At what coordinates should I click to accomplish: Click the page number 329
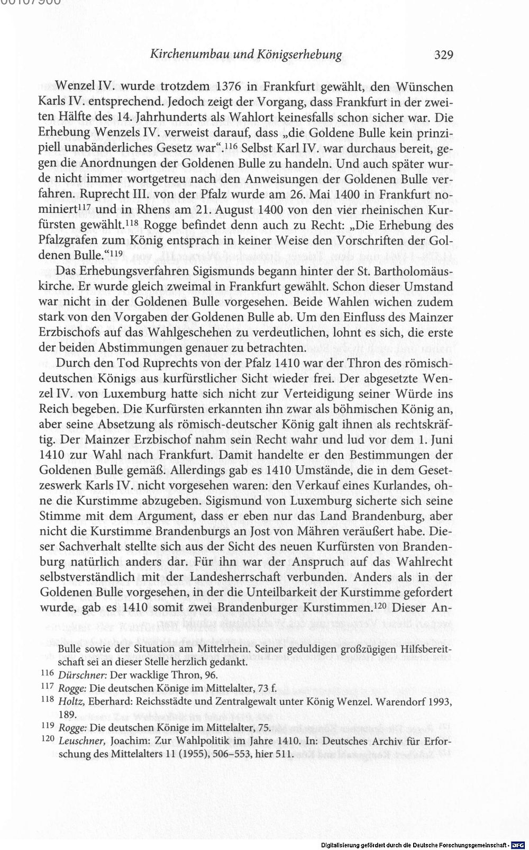(x=444, y=55)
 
